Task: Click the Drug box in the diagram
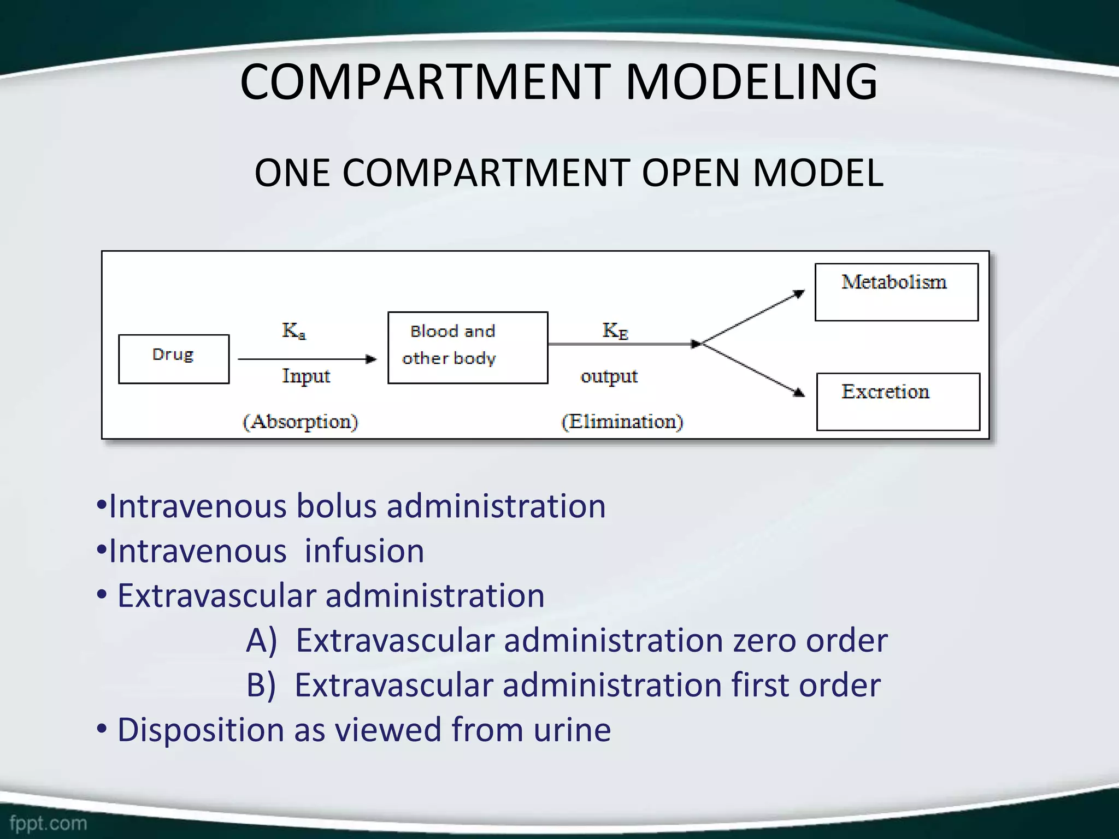(x=173, y=359)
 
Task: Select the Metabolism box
(x=896, y=292)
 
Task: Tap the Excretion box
(x=898, y=401)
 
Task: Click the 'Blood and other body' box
(x=468, y=347)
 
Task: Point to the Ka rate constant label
(x=293, y=330)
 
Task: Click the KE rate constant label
(x=615, y=330)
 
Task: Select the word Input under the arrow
(x=306, y=376)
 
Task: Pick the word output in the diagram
(x=609, y=376)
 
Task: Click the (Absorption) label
(x=300, y=422)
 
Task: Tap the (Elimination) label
(x=622, y=422)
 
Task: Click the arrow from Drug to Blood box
(x=307, y=359)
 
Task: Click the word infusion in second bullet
(x=364, y=551)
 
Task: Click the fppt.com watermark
(x=48, y=823)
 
